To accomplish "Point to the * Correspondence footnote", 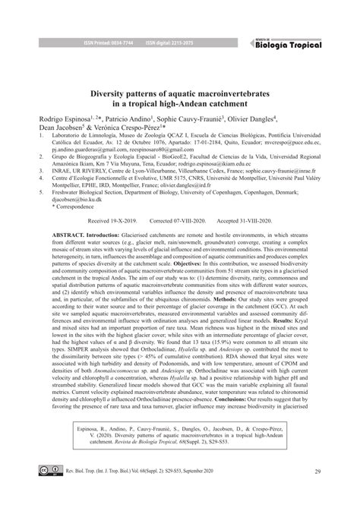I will pyautogui.click(x=54, y=228).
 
